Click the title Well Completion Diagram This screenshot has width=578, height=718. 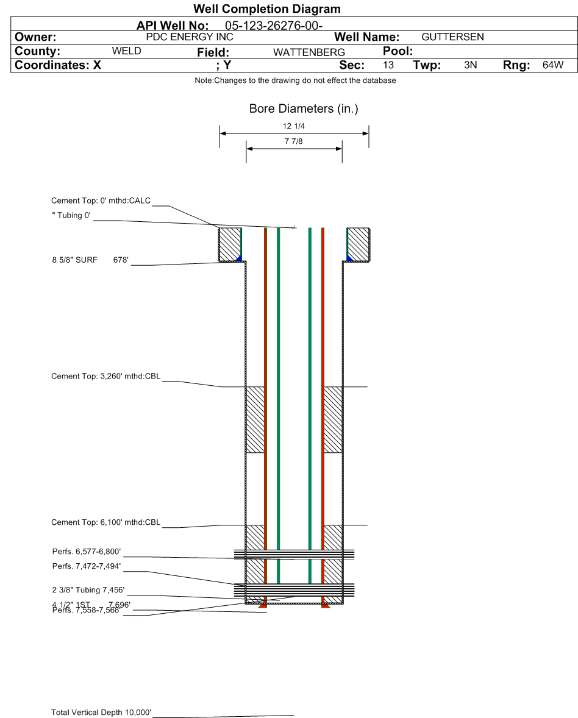click(x=266, y=9)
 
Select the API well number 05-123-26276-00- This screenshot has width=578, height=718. click(x=273, y=26)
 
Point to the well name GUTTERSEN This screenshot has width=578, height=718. click(x=452, y=37)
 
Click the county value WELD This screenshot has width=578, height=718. click(x=127, y=51)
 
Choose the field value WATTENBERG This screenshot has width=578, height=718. click(x=309, y=52)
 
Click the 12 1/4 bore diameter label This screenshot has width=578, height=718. click(x=294, y=126)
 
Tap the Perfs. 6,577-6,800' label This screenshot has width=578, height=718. click(x=87, y=552)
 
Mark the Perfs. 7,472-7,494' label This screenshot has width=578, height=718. click(x=87, y=567)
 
